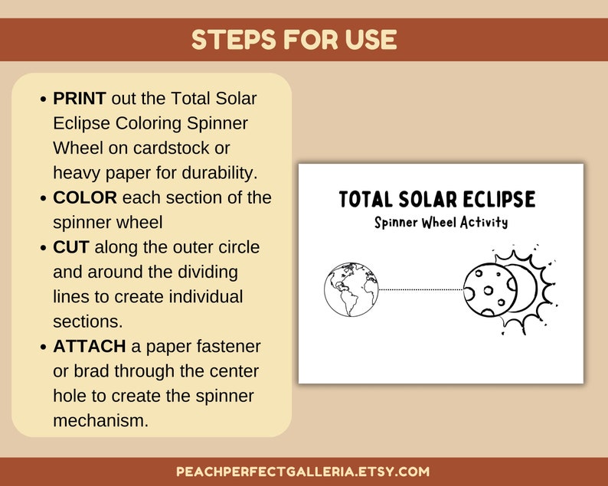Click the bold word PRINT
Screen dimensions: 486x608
(82, 99)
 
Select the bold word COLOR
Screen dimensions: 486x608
(85, 197)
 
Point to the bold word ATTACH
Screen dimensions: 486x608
(90, 347)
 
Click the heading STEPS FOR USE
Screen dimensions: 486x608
(294, 40)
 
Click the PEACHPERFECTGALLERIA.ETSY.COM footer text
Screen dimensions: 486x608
(303, 471)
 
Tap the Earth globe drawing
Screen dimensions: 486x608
(351, 289)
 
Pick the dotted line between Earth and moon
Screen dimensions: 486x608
(421, 289)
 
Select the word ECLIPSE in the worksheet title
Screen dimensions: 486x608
(498, 200)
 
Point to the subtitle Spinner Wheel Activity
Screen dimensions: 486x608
(441, 223)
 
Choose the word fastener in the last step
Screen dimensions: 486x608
(228, 347)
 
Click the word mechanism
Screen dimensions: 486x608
(100, 420)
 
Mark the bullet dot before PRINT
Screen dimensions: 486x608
(42, 99)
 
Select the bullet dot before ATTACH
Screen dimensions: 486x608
(42, 347)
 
